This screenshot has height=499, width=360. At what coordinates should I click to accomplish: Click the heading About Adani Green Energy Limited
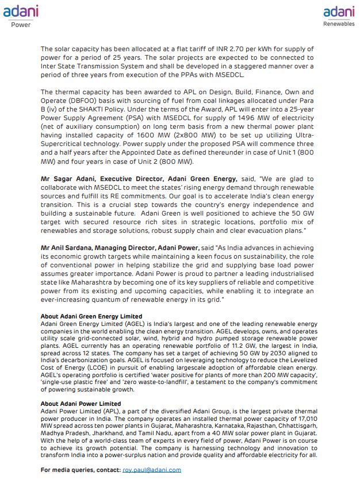point(91,317)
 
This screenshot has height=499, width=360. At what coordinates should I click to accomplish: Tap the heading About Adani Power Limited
point(81,404)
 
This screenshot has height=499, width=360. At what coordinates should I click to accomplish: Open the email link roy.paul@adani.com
point(152,470)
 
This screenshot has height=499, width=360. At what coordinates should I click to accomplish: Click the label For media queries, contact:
point(81,470)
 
